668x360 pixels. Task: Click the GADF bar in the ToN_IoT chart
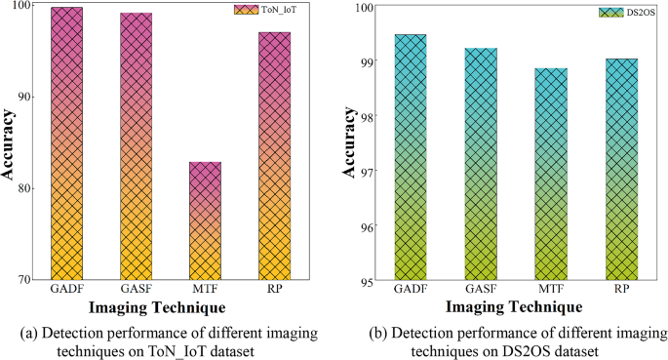66,142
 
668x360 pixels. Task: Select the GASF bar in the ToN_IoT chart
135,145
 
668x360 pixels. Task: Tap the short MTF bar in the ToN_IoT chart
205,220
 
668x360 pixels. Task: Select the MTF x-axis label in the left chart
205,290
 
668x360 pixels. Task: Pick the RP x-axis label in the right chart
621,291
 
